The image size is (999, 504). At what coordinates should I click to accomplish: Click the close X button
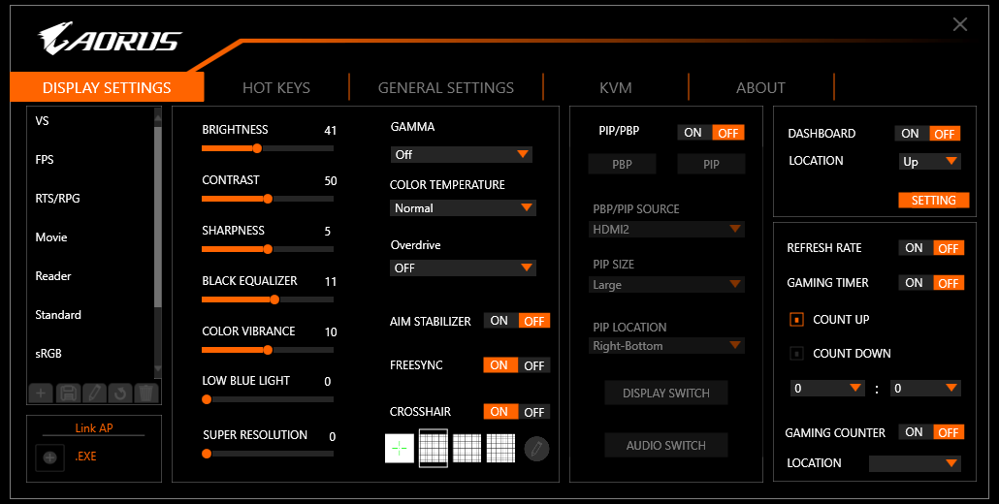(959, 25)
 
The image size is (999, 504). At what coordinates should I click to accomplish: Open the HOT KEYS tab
(275, 88)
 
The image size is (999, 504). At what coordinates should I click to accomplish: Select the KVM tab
(616, 88)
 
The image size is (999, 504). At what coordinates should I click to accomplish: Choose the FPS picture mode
(45, 160)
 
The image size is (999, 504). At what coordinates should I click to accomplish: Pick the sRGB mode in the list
(48, 354)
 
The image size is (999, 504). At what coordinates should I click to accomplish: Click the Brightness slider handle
(257, 148)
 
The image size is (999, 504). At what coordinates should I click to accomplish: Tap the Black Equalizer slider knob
(274, 299)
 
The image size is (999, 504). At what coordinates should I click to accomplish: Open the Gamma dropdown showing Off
(462, 155)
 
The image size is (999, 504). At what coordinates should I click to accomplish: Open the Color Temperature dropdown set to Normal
(463, 208)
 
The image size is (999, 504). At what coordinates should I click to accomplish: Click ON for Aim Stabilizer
(499, 321)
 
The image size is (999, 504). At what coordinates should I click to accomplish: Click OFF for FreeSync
(533, 365)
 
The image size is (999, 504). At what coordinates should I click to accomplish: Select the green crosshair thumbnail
(400, 449)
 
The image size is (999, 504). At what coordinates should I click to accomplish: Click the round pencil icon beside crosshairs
(536, 449)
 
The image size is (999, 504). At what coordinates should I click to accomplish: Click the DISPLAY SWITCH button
(665, 394)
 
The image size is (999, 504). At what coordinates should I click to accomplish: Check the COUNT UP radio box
(796, 320)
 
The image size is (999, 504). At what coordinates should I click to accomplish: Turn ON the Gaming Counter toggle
(915, 432)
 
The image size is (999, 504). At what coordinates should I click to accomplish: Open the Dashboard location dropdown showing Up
(930, 162)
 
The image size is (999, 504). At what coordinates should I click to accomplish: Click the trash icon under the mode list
(145, 394)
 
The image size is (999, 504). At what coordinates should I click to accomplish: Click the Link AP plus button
(49, 457)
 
